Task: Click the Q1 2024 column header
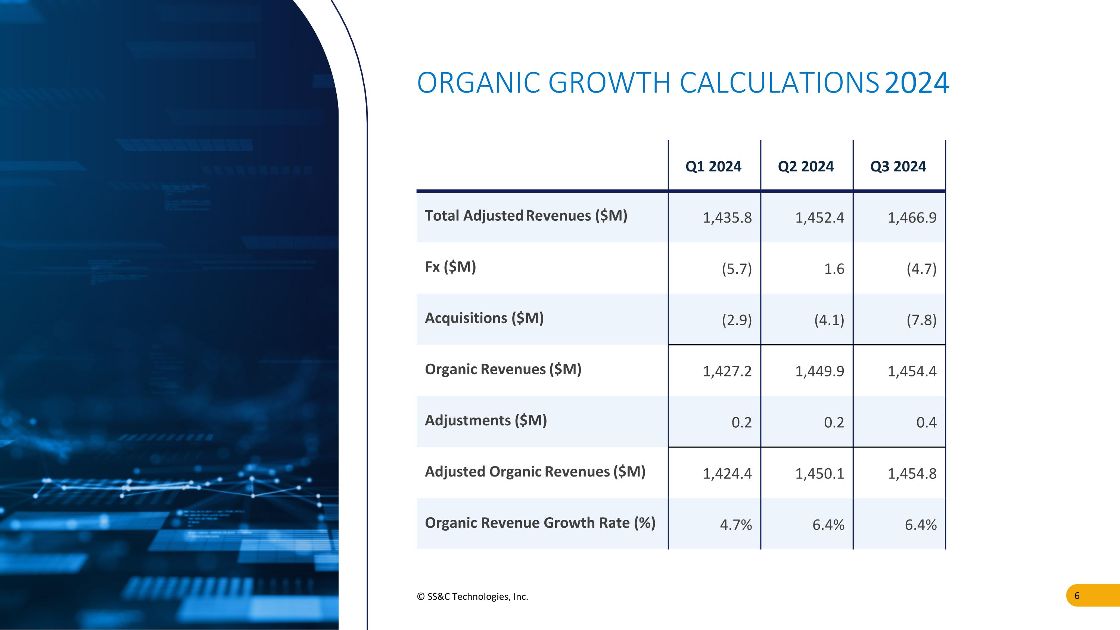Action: click(x=713, y=167)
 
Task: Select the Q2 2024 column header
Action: click(x=806, y=167)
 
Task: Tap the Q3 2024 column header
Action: click(x=898, y=167)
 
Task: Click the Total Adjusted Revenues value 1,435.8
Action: click(x=727, y=217)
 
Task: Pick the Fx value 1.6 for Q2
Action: click(x=834, y=269)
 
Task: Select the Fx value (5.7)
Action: click(x=737, y=269)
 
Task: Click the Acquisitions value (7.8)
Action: click(x=921, y=320)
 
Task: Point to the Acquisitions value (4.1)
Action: click(x=829, y=320)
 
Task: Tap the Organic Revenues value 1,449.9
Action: click(x=819, y=371)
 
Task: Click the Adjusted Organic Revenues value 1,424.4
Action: click(x=727, y=474)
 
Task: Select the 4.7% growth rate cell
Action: click(x=735, y=525)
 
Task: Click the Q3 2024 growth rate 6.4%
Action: click(x=920, y=525)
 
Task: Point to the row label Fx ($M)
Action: click(x=451, y=267)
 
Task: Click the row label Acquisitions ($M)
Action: click(x=484, y=318)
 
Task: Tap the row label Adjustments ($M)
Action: click(x=486, y=420)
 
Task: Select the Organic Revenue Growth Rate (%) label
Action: click(x=540, y=522)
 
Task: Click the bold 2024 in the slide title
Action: click(x=917, y=83)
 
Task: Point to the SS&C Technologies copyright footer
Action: click(x=473, y=596)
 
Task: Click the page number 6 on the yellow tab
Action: click(x=1077, y=596)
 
